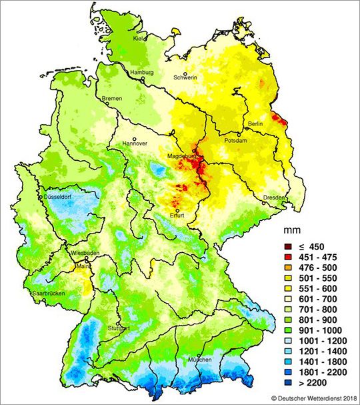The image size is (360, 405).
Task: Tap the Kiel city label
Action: tap(139, 39)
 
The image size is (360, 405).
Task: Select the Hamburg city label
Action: tap(143, 72)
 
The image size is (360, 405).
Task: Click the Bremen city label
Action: tap(111, 99)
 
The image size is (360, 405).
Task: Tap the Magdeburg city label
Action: tap(181, 157)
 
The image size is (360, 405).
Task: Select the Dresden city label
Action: tap(274, 198)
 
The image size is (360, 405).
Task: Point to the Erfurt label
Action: tap(177, 216)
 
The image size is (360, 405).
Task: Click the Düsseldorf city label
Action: tap(59, 198)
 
